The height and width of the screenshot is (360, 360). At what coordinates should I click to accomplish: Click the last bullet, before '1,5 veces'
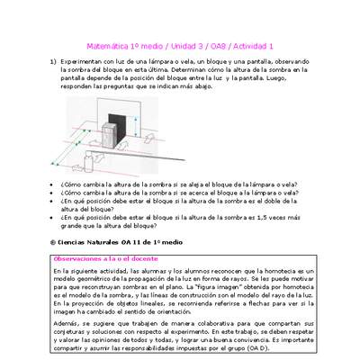coord(52,217)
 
